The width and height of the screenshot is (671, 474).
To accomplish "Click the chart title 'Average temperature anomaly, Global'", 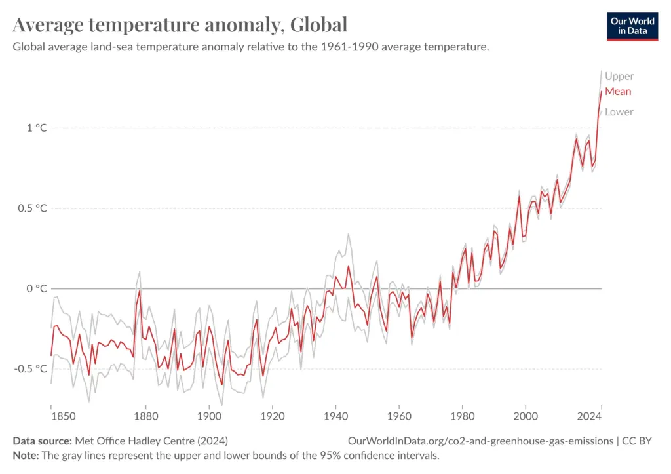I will tap(180, 25).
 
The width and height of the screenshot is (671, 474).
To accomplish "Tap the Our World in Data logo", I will tap(632, 26).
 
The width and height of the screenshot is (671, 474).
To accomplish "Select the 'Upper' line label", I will tap(619, 76).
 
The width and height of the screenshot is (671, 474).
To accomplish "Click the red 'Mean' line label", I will tap(618, 92).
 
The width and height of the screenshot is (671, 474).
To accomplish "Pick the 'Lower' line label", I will tap(619, 112).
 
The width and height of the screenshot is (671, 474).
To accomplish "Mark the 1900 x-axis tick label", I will tap(209, 416).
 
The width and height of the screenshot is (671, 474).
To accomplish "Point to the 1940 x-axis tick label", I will tap(335, 416).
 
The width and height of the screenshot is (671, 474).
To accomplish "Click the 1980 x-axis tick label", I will tap(462, 416).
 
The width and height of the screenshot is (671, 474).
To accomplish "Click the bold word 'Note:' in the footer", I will tap(27, 455).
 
